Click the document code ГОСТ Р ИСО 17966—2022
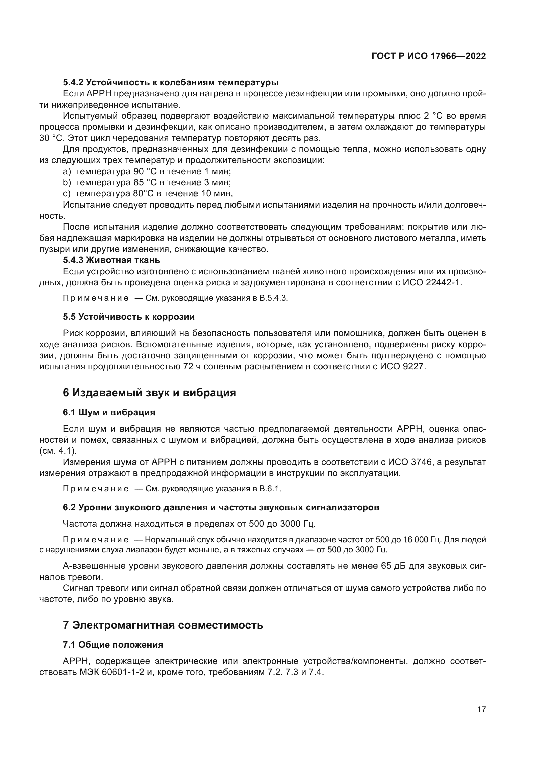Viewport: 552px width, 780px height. (429, 56)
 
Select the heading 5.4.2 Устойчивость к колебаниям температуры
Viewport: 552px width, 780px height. (171, 82)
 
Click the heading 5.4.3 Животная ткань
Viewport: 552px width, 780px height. (111, 260)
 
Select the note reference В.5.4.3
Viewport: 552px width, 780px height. (274, 298)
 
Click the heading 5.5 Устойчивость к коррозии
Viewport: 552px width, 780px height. (129, 317)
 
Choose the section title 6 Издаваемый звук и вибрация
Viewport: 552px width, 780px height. (149, 393)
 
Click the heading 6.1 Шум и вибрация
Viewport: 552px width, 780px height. (109, 413)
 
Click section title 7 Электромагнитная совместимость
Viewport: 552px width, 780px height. (163, 625)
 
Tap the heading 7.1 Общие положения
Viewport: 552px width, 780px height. (113, 645)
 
